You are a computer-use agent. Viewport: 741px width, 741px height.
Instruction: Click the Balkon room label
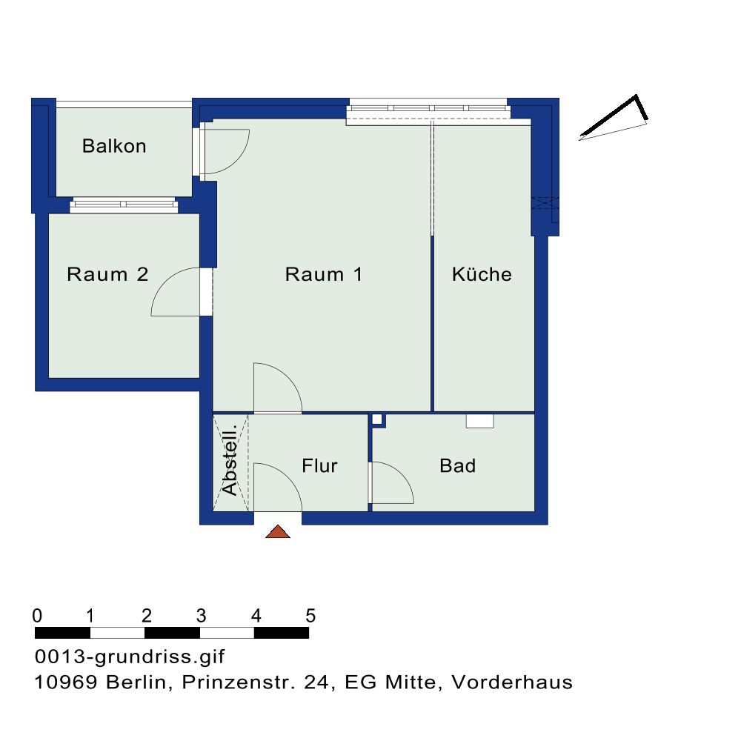[x=114, y=146]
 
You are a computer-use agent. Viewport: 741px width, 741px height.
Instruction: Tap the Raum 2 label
[x=107, y=274]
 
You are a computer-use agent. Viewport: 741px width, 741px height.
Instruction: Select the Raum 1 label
[x=323, y=274]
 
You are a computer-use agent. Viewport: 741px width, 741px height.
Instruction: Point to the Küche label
[x=482, y=273]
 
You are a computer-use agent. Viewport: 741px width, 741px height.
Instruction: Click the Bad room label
[x=457, y=465]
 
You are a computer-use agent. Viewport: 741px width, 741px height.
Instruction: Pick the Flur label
[x=319, y=465]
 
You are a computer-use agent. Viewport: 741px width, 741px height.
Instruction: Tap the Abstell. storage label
[x=230, y=460]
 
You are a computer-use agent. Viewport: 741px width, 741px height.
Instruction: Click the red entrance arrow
[x=278, y=531]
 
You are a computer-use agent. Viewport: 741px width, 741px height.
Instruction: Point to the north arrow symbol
[x=614, y=118]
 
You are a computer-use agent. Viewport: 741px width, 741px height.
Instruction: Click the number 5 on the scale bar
[x=310, y=616]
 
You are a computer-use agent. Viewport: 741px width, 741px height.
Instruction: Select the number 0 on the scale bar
[x=37, y=616]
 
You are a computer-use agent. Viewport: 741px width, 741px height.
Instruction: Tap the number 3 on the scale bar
[x=202, y=616]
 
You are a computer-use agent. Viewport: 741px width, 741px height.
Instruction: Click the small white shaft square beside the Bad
[x=376, y=419]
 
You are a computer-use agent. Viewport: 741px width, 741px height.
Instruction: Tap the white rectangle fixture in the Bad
[x=479, y=421]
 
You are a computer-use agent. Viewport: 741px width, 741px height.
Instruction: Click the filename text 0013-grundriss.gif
[x=130, y=657]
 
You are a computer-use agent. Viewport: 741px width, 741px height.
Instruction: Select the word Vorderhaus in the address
[x=512, y=682]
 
